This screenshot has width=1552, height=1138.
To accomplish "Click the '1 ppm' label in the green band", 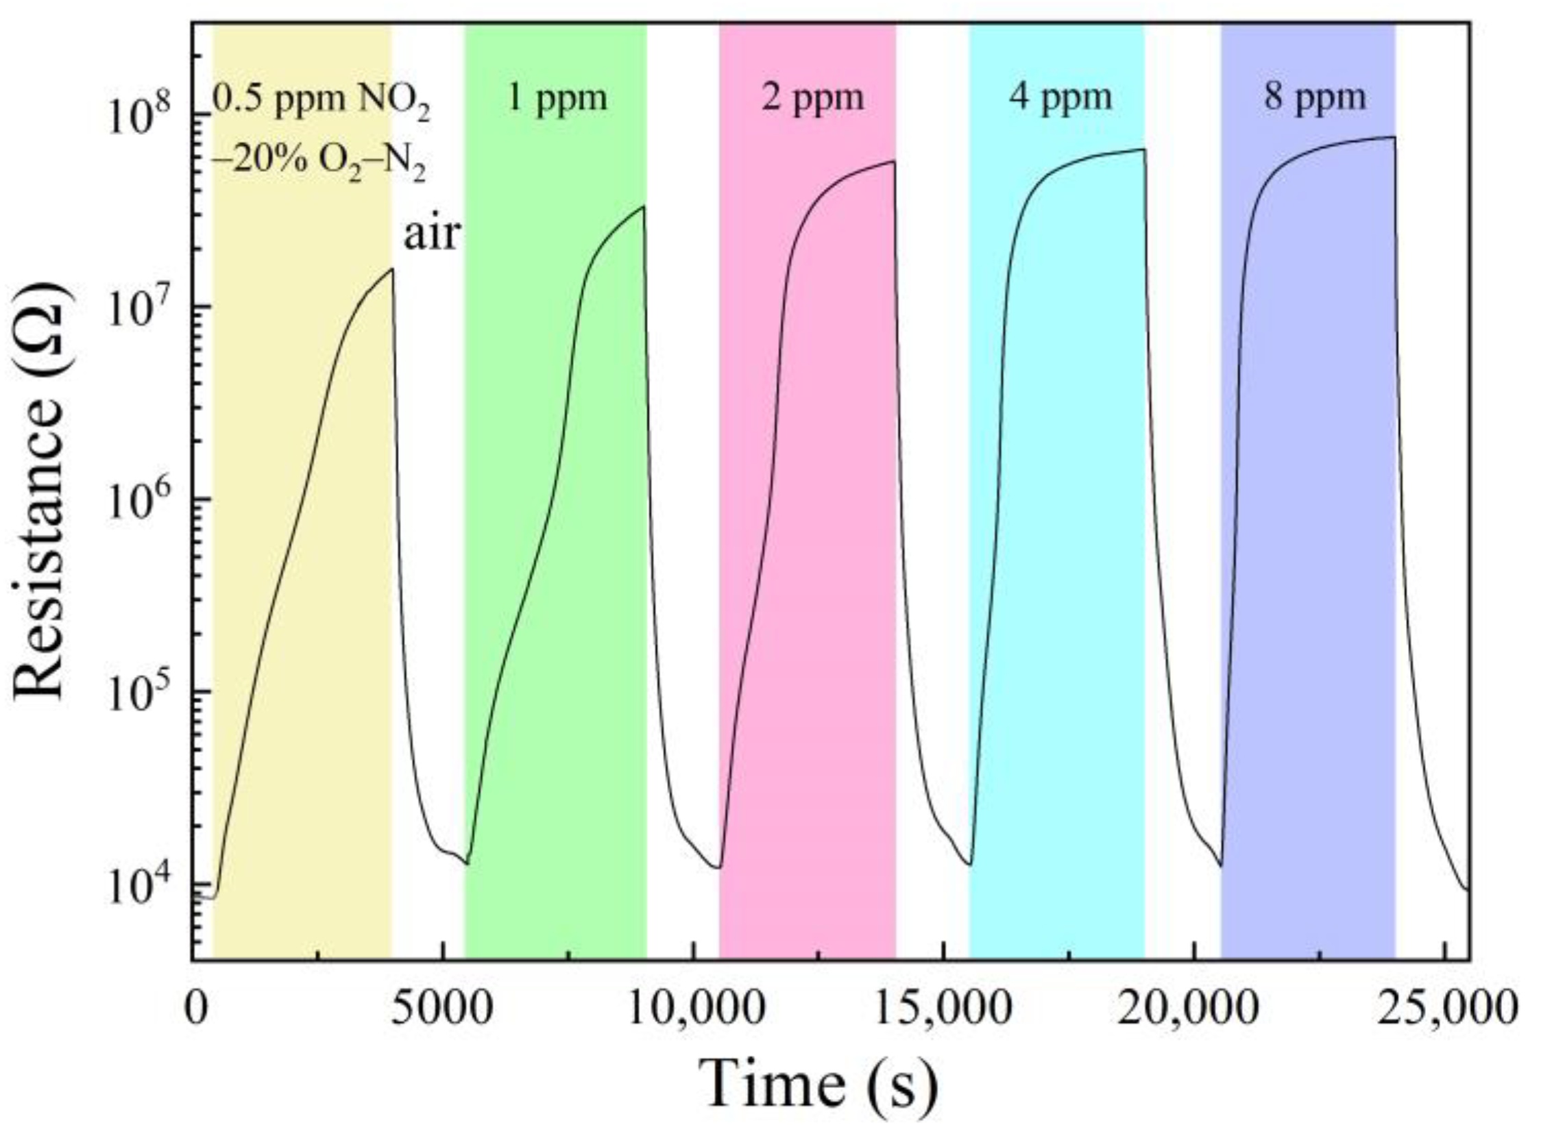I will click(557, 99).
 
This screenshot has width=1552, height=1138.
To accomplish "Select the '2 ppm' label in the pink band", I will click(812, 99).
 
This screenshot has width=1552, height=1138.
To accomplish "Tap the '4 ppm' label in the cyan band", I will click(1060, 99).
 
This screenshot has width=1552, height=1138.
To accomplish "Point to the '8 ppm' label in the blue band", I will click(1314, 99).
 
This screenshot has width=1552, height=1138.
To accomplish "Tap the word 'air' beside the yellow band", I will click(431, 235).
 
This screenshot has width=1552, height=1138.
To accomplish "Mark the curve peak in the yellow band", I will click(392, 269).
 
